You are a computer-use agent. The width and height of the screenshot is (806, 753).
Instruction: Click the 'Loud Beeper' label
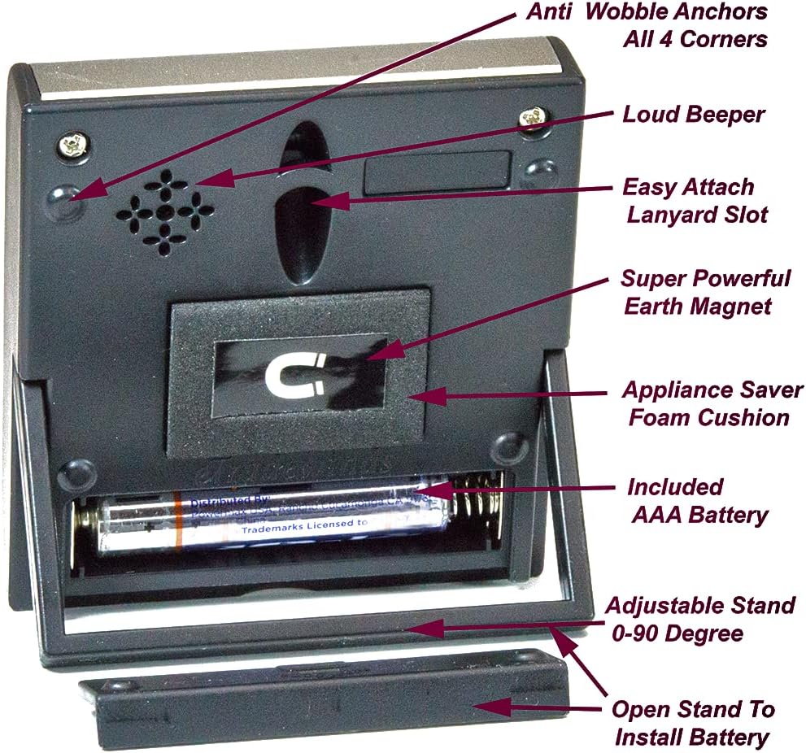tap(693, 115)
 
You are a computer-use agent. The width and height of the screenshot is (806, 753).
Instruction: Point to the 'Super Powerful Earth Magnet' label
tap(704, 292)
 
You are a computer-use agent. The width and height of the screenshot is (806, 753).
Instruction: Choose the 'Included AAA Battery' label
tap(697, 500)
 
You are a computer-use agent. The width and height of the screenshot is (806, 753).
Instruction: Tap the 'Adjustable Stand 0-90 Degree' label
tap(700, 619)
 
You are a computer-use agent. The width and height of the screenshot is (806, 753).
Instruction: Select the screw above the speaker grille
tap(72, 146)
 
